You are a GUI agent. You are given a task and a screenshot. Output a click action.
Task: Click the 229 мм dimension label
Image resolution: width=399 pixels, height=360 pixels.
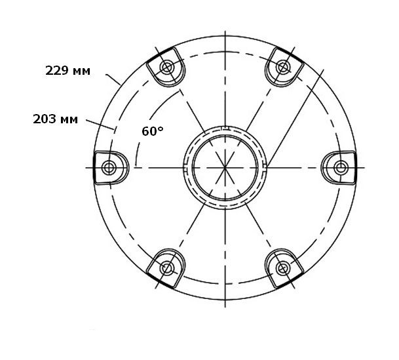point(67,70)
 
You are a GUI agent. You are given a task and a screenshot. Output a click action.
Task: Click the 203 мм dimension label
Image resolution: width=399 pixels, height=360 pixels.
point(55,119)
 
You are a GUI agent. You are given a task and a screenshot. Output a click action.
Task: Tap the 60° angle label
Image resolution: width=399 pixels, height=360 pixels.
point(152,131)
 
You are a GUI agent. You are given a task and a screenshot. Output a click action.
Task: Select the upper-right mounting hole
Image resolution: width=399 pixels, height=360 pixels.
point(283,67)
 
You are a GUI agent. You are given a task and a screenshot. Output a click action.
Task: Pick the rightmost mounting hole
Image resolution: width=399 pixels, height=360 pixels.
point(341,168)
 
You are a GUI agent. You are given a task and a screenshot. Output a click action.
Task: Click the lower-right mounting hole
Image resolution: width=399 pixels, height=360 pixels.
point(283,268)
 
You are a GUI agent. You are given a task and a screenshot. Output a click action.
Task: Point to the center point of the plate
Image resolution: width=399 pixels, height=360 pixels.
point(225,168)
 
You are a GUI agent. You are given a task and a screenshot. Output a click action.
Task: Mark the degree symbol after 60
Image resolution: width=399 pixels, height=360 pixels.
point(161,129)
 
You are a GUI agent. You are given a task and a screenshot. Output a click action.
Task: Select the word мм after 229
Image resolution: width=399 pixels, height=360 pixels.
point(80,70)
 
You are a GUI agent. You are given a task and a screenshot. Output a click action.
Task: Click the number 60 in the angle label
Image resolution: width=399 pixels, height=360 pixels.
point(149,131)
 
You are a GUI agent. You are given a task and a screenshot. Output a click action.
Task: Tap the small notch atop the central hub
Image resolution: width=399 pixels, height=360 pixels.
point(225,128)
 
